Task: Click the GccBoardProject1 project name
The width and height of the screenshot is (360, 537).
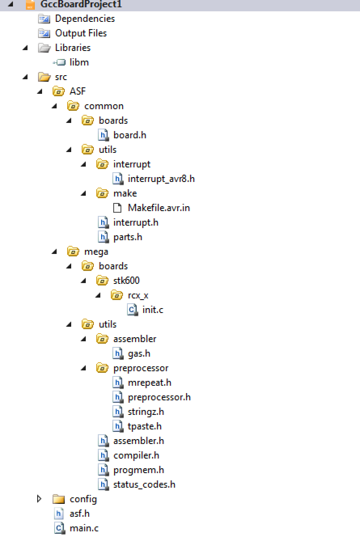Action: point(81,4)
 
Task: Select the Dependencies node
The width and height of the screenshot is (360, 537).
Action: point(85,19)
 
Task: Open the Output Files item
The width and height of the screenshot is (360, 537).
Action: point(80,33)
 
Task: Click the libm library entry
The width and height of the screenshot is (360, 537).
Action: point(79,62)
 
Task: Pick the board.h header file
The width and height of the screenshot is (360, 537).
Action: point(129,135)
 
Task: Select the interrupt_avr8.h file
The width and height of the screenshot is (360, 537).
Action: point(161,179)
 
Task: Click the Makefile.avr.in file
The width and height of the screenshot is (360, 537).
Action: point(159,208)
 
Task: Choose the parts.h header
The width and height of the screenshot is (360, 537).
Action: point(127,237)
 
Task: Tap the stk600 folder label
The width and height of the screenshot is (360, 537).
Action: point(126,281)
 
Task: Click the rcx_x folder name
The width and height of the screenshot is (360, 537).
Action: point(138,295)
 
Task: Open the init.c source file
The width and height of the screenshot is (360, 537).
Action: point(152,310)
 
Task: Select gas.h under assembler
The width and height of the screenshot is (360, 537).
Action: point(139,353)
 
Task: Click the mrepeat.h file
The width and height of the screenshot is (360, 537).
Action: point(149,383)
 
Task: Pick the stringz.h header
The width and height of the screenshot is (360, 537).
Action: point(146,412)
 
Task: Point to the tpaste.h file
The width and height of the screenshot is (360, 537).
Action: point(144,426)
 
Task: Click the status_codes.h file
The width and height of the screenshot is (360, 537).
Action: point(144,484)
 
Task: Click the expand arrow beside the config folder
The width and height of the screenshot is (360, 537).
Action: point(39,499)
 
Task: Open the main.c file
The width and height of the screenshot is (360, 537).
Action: point(84,528)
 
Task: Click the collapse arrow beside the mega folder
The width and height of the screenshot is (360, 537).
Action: point(54,252)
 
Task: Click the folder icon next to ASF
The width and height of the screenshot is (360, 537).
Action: point(59,91)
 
